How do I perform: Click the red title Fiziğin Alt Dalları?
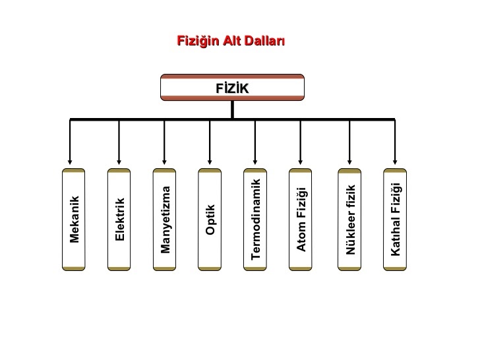(x=231, y=41)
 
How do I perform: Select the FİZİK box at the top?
(x=232, y=87)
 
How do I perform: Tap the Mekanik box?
(x=73, y=220)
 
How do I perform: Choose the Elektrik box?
(x=119, y=220)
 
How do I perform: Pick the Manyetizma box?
(x=164, y=220)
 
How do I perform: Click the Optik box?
(x=210, y=220)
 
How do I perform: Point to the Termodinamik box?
(x=255, y=220)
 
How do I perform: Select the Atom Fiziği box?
(x=300, y=220)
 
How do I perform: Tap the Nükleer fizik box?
(x=349, y=220)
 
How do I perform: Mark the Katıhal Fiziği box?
(x=395, y=220)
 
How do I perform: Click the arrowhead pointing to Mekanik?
(x=70, y=162)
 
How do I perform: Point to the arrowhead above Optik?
(x=210, y=162)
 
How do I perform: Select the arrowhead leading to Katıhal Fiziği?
(x=395, y=162)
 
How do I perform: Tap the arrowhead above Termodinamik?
(x=255, y=162)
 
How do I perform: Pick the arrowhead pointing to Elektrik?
(x=119, y=162)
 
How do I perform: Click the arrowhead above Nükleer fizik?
(x=349, y=162)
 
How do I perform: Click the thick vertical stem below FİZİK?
(x=232, y=109)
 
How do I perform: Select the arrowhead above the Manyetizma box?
(x=164, y=162)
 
